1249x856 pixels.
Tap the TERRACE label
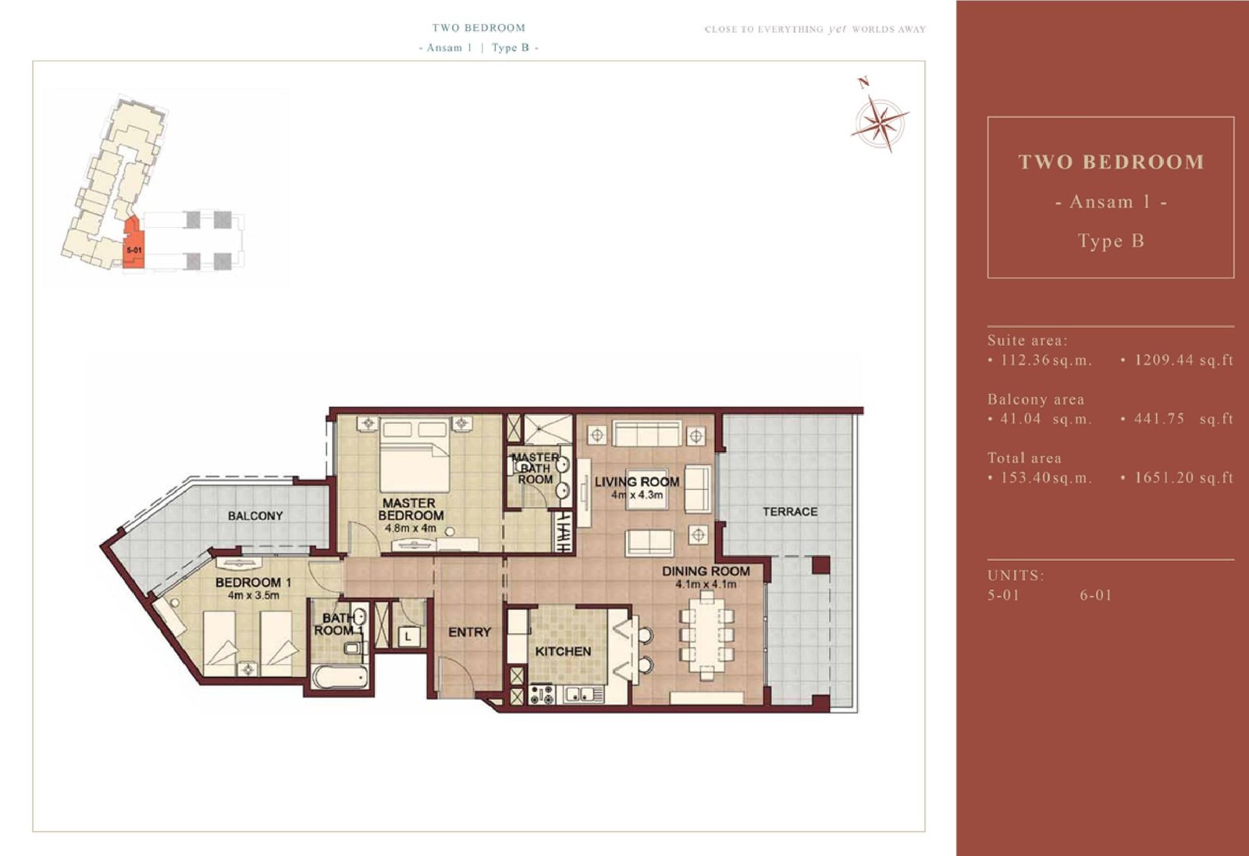789,512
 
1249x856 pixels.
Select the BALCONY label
255,516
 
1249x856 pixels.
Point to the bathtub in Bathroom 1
340,677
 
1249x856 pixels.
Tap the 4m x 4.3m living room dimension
637,495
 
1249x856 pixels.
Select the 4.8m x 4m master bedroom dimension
411,528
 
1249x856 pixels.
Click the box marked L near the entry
409,636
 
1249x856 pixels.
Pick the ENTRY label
469,632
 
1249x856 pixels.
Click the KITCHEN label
563,652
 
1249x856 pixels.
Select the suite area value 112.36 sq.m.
1045,360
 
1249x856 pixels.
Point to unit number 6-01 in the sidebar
1096,595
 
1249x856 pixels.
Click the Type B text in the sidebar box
1111,241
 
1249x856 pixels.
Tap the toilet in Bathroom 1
353,647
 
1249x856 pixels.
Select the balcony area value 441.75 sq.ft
1183,419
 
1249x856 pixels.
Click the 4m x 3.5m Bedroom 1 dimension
254,595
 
